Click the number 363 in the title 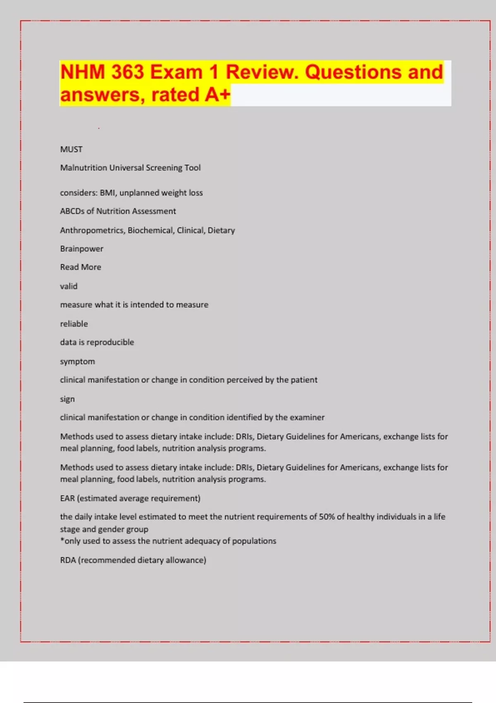[x=127, y=72]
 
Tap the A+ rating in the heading [x=217, y=95]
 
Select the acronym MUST [x=71, y=149]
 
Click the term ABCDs [x=72, y=211]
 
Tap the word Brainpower [x=81, y=249]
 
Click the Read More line [x=81, y=267]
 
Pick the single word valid [x=69, y=286]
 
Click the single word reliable [x=74, y=324]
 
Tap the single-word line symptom [x=77, y=361]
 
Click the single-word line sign [x=67, y=399]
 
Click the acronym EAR [x=67, y=498]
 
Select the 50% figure [x=327, y=516]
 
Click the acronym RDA [x=68, y=560]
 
